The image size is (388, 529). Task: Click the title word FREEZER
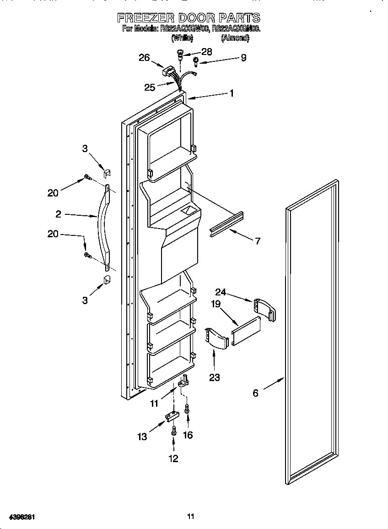(145, 18)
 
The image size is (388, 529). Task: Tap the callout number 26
(144, 58)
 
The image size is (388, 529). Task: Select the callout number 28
(207, 52)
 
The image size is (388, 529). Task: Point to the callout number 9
(243, 58)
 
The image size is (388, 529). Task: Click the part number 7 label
(258, 241)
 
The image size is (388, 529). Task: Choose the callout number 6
(255, 393)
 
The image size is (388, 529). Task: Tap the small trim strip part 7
(227, 225)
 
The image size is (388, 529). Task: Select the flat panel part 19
(246, 331)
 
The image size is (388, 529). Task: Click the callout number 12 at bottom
(173, 458)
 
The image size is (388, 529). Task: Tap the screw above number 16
(187, 408)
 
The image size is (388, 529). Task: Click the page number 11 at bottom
(191, 517)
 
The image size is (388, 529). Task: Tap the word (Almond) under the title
(235, 39)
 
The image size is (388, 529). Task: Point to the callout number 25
(150, 87)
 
